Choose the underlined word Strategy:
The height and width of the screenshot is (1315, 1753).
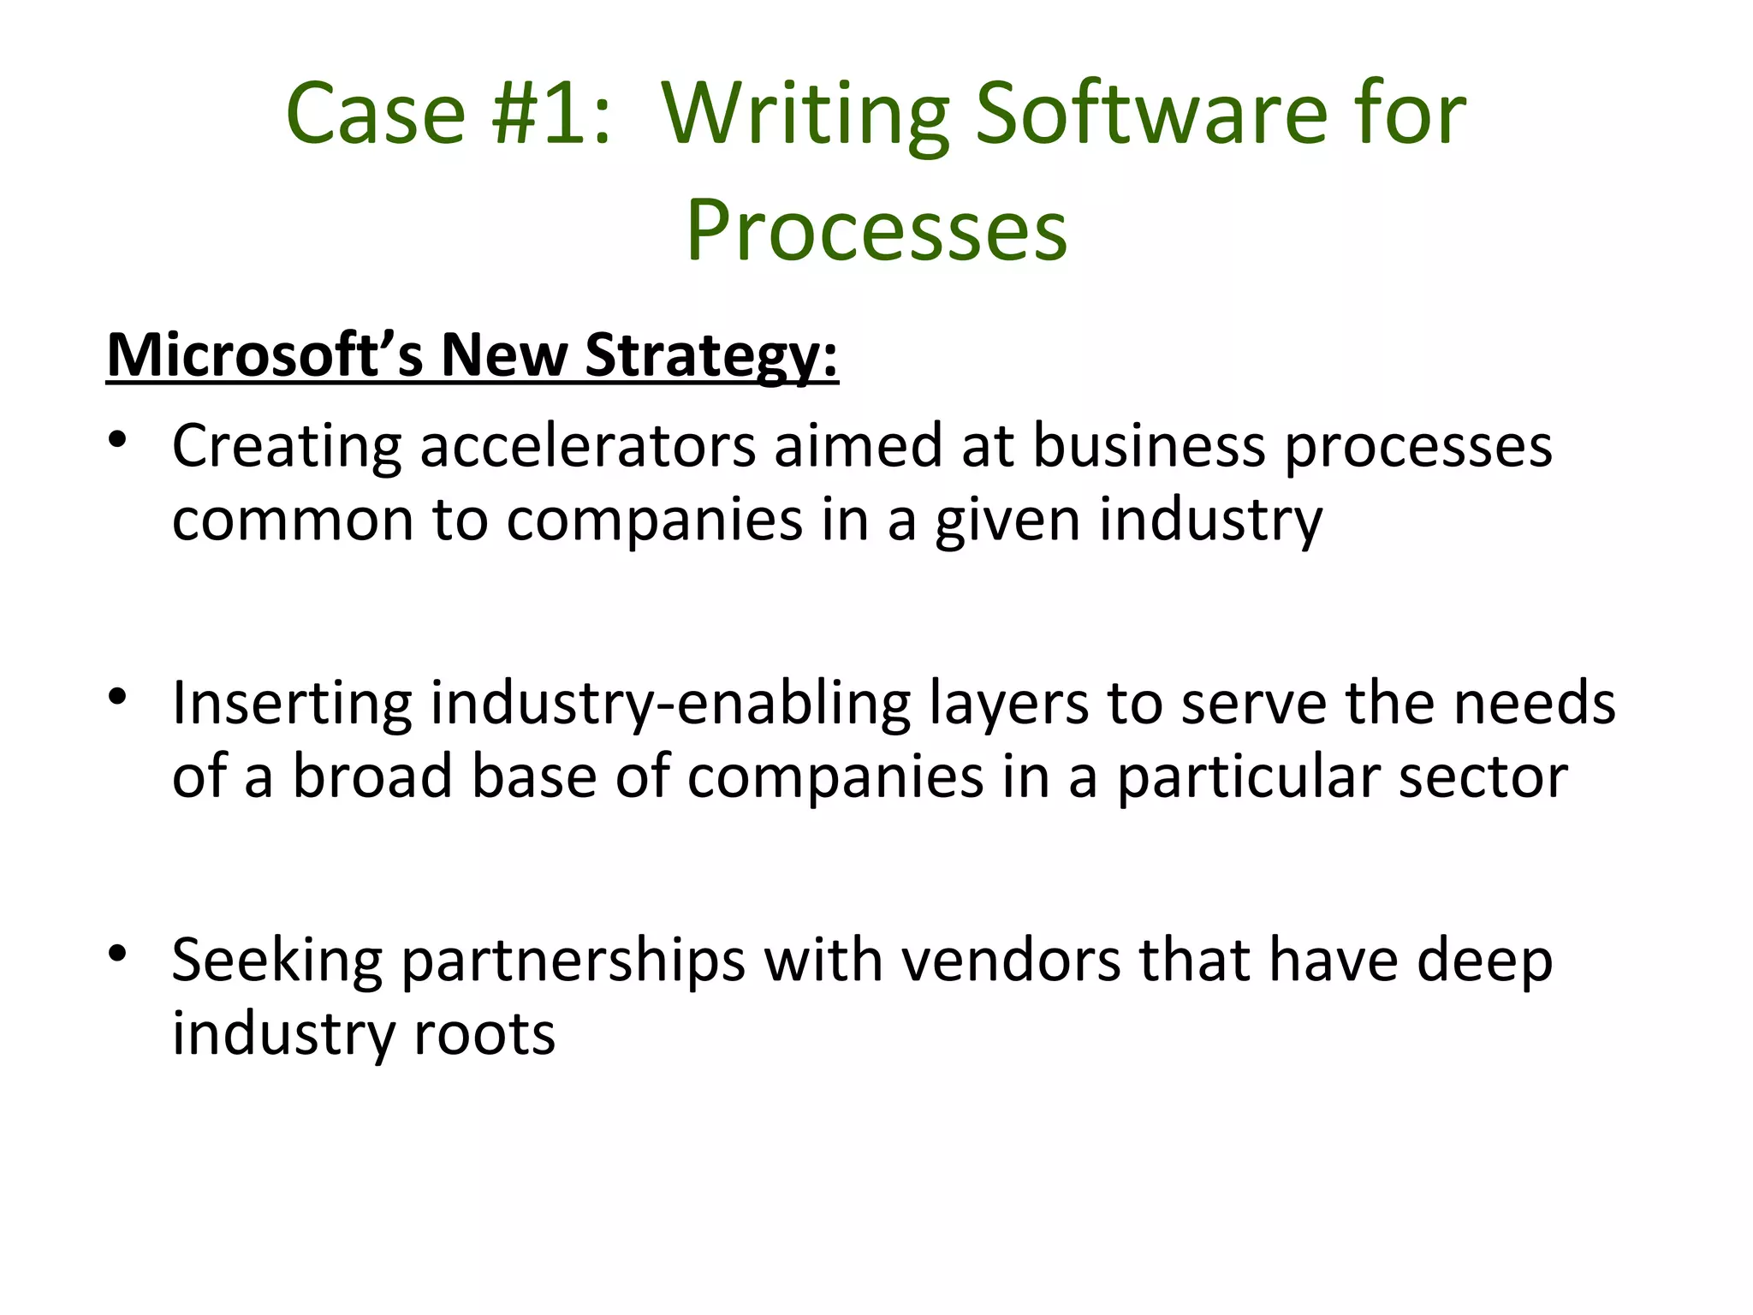click(711, 354)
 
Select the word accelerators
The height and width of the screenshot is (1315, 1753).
click(587, 446)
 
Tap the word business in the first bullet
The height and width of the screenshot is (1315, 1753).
click(1149, 446)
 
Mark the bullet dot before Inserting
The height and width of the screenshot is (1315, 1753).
click(118, 698)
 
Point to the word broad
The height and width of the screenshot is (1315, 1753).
click(372, 777)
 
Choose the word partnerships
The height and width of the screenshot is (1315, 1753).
click(573, 960)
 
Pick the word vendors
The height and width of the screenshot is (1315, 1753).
click(1010, 960)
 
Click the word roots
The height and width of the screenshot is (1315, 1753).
click(484, 1033)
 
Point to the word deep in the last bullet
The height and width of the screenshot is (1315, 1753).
click(1484, 960)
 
